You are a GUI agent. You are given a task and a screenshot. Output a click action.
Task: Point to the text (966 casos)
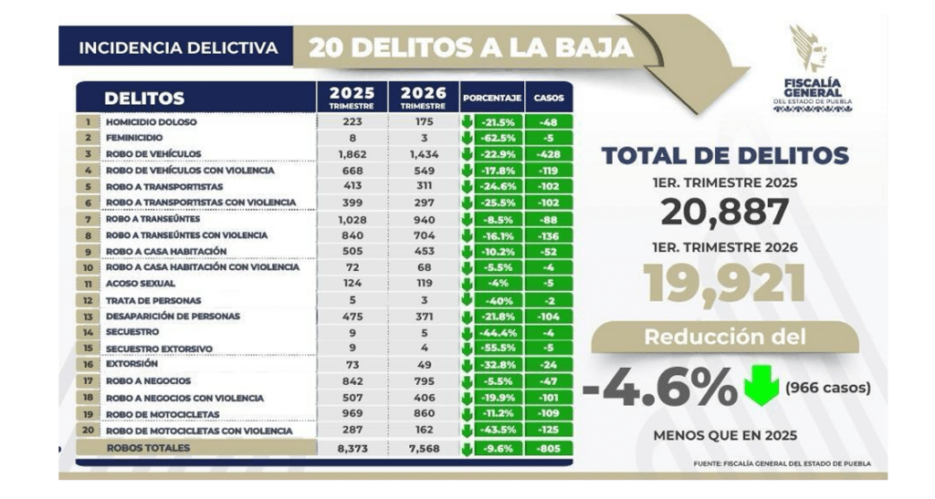coord(827,388)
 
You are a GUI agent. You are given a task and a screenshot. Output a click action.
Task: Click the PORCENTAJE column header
coord(491,97)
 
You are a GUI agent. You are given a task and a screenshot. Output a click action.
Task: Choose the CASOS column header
coord(548,97)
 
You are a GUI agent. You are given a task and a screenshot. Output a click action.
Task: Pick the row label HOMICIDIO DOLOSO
coord(151,121)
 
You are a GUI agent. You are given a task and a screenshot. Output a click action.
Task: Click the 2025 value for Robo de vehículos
coord(352,154)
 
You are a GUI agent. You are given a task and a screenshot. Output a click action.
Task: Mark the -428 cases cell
coord(548,154)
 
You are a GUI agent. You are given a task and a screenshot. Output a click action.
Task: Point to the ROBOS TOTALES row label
coord(149,448)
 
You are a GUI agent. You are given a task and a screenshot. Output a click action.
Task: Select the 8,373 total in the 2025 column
coord(352,448)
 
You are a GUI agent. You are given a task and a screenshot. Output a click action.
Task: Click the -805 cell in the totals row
coord(548,448)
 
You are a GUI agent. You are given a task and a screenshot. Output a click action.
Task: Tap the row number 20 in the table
coord(88,431)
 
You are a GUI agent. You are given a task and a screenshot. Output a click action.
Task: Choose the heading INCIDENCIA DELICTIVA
coord(178,47)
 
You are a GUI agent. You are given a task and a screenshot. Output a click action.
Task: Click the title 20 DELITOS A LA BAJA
coord(470,47)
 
